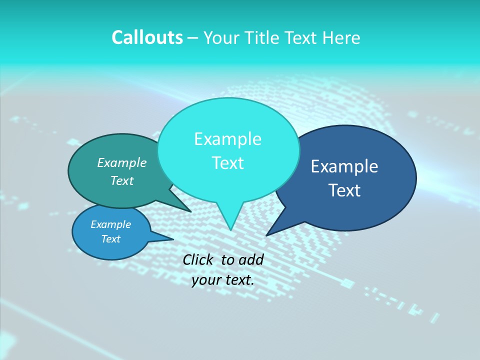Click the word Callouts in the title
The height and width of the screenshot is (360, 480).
pos(147,37)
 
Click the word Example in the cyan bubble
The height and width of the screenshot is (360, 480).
pos(227,139)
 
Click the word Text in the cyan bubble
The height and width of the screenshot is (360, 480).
pos(227,163)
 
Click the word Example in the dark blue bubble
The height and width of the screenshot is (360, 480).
pos(344,166)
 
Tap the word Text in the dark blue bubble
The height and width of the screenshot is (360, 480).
pos(344,190)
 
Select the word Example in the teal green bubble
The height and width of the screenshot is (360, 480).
pos(122,162)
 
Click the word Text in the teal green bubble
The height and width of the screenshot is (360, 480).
pos(122,180)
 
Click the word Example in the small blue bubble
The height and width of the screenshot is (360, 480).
pos(110,224)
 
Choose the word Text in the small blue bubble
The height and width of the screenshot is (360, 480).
pos(110,239)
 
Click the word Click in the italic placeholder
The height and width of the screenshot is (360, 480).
pos(198,259)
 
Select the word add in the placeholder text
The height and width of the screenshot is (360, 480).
pos(250,259)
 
